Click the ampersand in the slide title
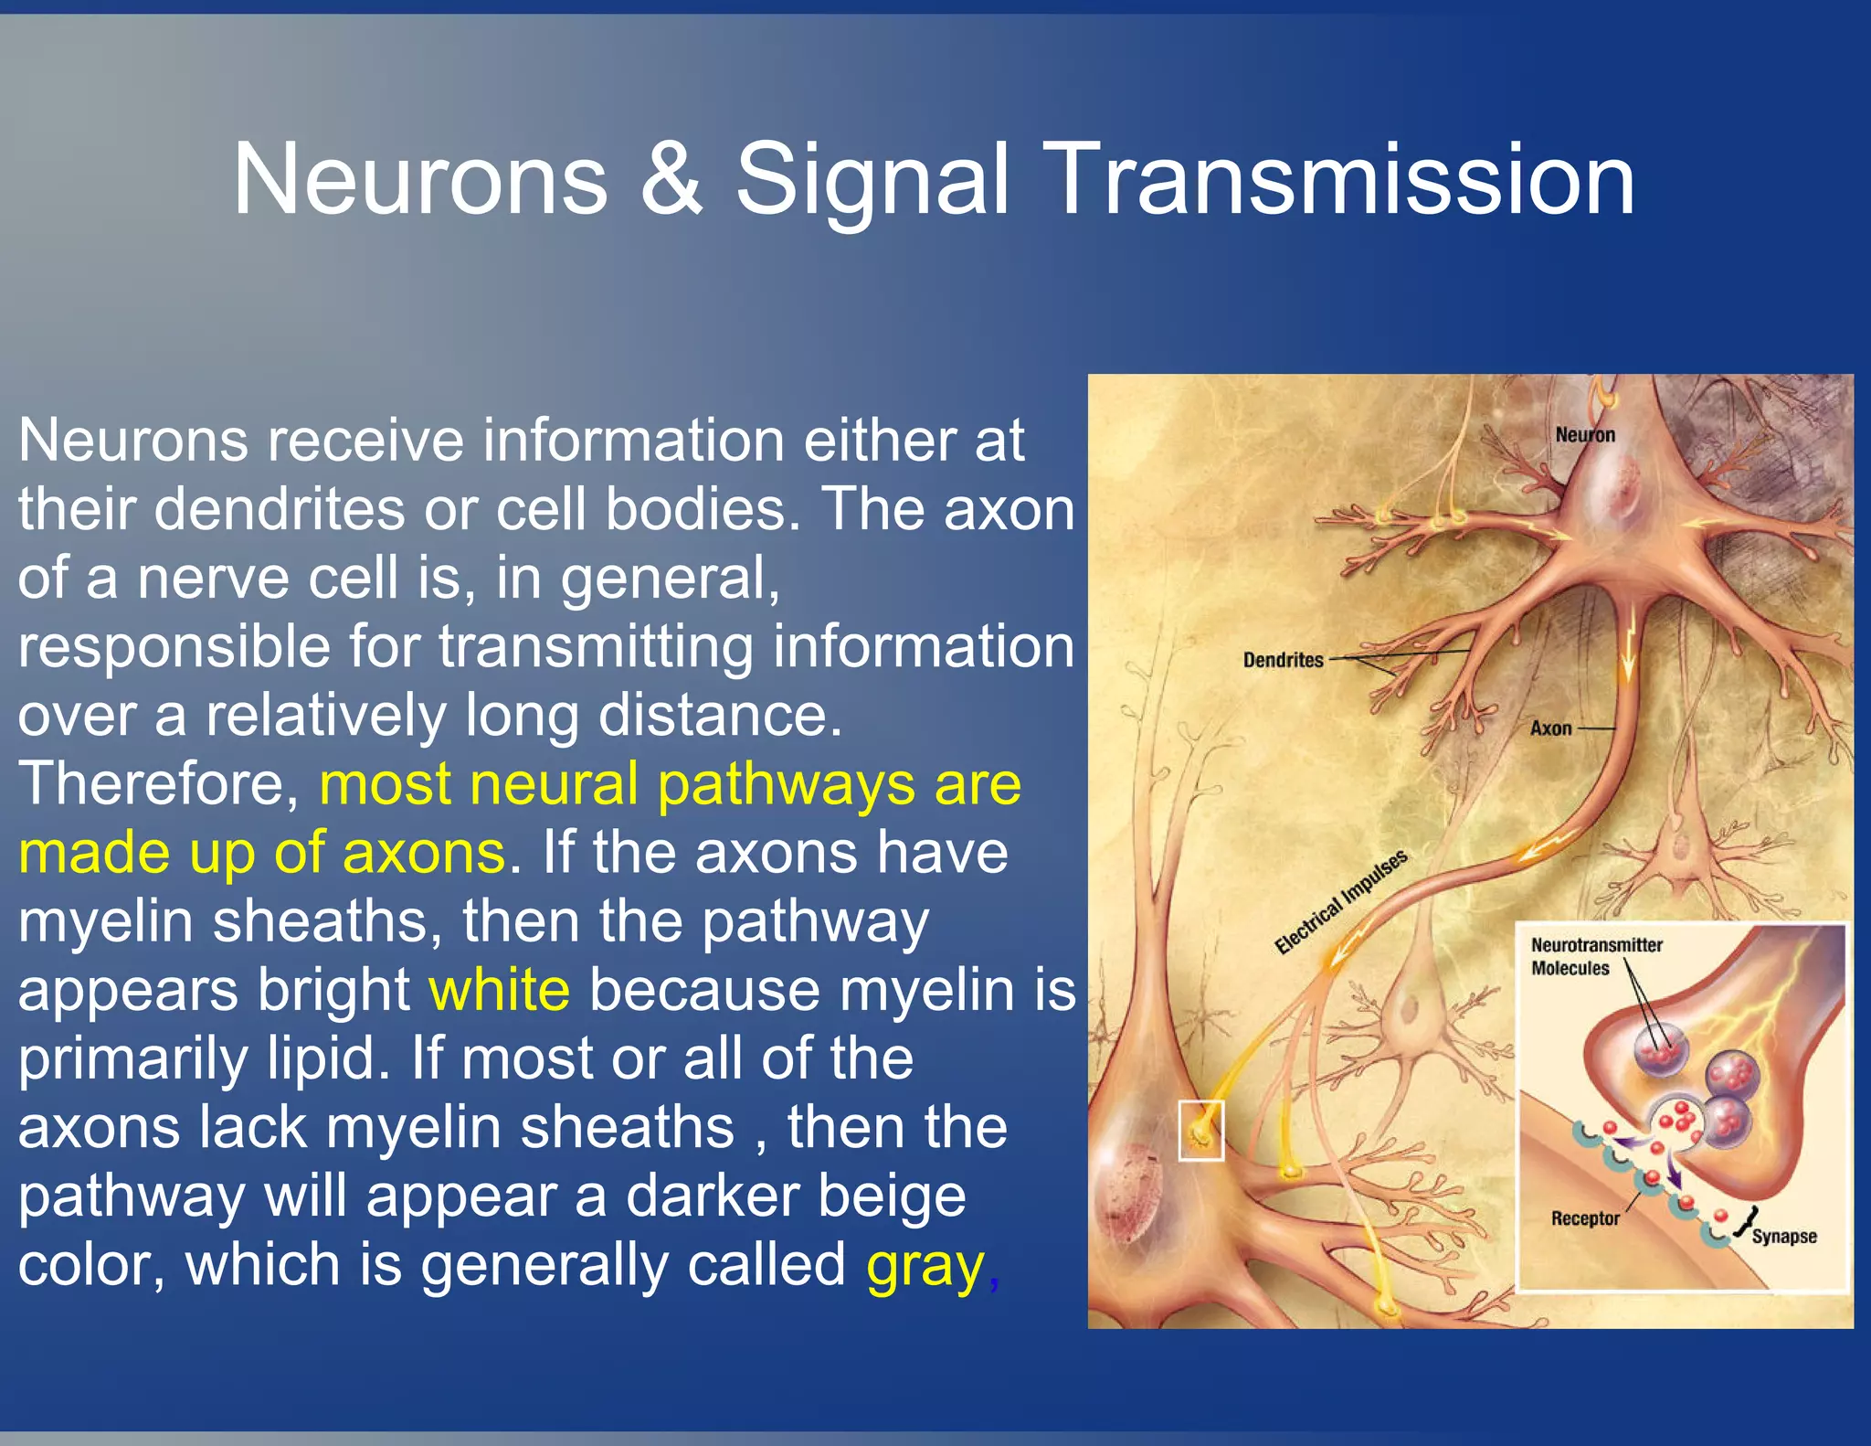[x=671, y=179]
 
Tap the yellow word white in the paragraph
[x=500, y=990]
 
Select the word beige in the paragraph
[x=891, y=1197]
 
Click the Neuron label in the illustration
[x=1585, y=435]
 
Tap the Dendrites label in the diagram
[x=1283, y=660]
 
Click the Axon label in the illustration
[x=1550, y=728]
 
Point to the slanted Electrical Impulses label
[x=1340, y=902]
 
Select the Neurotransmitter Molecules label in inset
[x=1595, y=956]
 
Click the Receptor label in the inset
[x=1584, y=1218]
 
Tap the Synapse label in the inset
[x=1783, y=1237]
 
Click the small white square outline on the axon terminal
[x=1200, y=1131]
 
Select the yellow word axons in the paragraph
[x=423, y=853]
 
